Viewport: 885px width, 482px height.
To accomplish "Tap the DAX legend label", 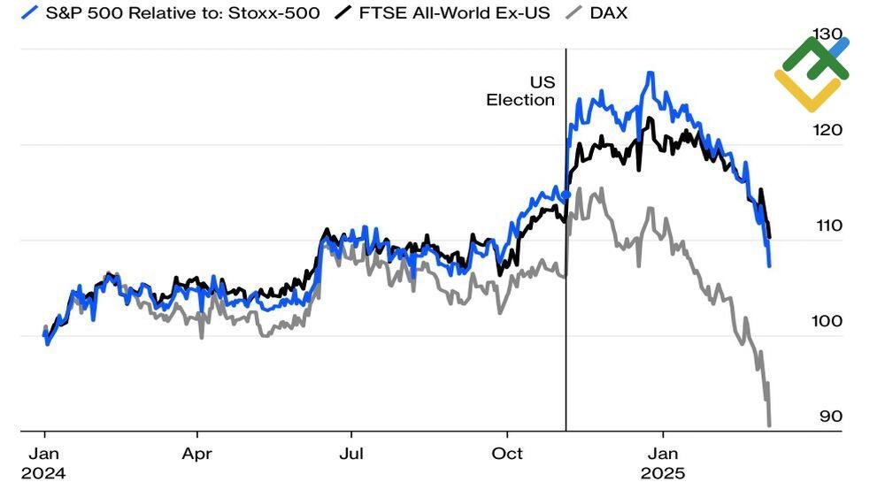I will click(608, 13).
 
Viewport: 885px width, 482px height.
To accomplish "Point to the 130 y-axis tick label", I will click(829, 34).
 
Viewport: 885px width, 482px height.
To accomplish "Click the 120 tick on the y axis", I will click(829, 130).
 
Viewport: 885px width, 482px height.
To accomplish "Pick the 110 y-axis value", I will click(829, 226).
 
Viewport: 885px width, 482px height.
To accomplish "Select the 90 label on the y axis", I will click(829, 417).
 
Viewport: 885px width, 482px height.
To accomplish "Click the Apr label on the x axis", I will click(196, 453).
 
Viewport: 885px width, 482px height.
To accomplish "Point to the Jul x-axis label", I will click(351, 453).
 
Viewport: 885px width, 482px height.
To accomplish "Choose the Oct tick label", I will click(507, 453).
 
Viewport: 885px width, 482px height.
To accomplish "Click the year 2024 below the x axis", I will click(43, 473).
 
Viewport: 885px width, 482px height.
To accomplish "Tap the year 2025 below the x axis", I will click(663, 473).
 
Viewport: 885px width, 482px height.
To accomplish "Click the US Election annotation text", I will click(521, 91).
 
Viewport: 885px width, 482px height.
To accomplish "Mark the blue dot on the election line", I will click(566, 195).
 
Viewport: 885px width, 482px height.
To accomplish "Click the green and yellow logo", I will click(812, 73).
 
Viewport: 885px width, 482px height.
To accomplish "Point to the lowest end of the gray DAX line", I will click(769, 425).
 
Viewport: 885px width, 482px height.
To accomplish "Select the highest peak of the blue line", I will click(650, 73).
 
